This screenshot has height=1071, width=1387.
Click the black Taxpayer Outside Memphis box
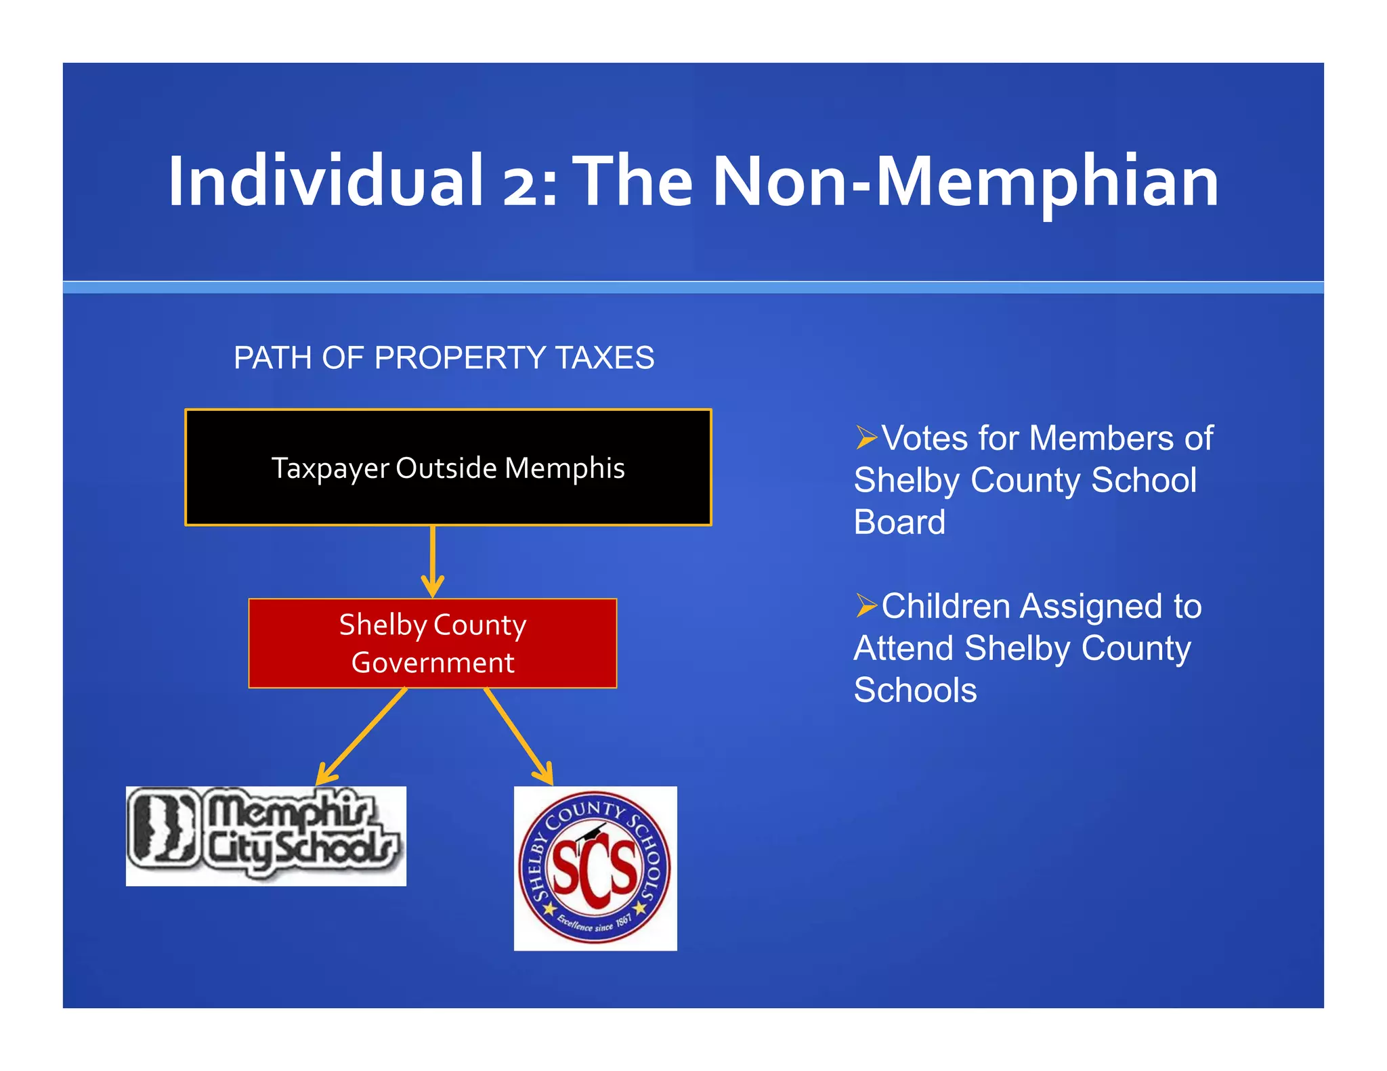448,467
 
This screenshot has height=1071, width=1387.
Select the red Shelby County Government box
432,642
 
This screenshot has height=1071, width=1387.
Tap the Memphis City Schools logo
265,836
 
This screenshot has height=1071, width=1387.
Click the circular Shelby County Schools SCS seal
595,868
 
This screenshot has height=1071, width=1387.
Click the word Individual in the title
325,181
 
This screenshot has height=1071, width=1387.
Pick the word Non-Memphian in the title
966,181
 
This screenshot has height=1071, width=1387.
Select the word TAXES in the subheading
605,357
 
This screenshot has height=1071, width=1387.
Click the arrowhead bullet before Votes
866,437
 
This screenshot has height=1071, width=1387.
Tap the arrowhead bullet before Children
866,605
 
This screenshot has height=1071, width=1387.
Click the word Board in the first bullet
899,522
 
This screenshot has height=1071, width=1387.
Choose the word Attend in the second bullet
904,649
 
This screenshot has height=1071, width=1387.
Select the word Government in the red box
433,663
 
